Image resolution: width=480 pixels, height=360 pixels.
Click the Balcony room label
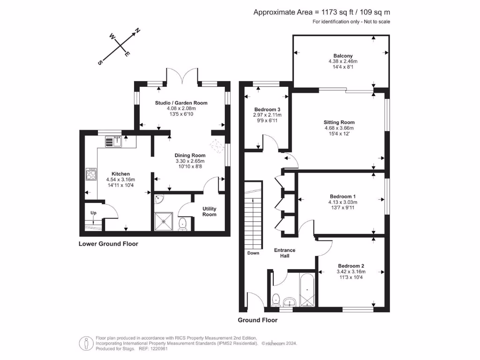tap(340, 55)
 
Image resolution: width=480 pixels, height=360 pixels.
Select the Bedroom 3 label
tap(263, 110)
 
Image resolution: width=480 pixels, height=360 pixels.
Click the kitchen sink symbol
tap(113, 141)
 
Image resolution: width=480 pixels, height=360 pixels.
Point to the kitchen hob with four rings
tap(90, 174)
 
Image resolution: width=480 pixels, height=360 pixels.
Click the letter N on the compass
tap(137, 31)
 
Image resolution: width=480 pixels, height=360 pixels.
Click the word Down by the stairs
tap(253, 253)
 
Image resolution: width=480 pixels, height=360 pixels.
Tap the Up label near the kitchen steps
tap(93, 213)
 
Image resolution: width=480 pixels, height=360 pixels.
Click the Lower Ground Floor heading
tap(108, 244)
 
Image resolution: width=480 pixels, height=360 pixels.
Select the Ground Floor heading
tap(257, 320)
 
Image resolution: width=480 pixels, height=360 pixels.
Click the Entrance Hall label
tap(285, 253)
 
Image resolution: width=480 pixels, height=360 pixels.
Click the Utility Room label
tap(209, 211)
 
